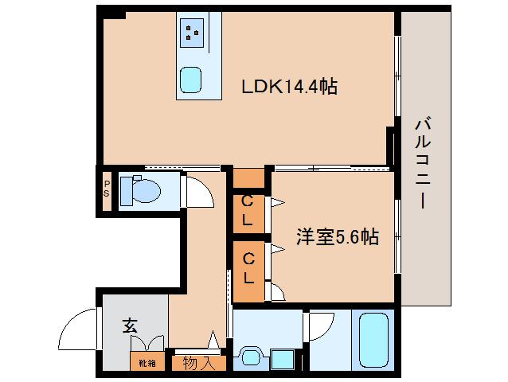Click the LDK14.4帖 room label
290,86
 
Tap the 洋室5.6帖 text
337,236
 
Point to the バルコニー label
424,163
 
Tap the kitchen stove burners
192,32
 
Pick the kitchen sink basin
192,79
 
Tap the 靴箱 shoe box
147,363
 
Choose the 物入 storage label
198,364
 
